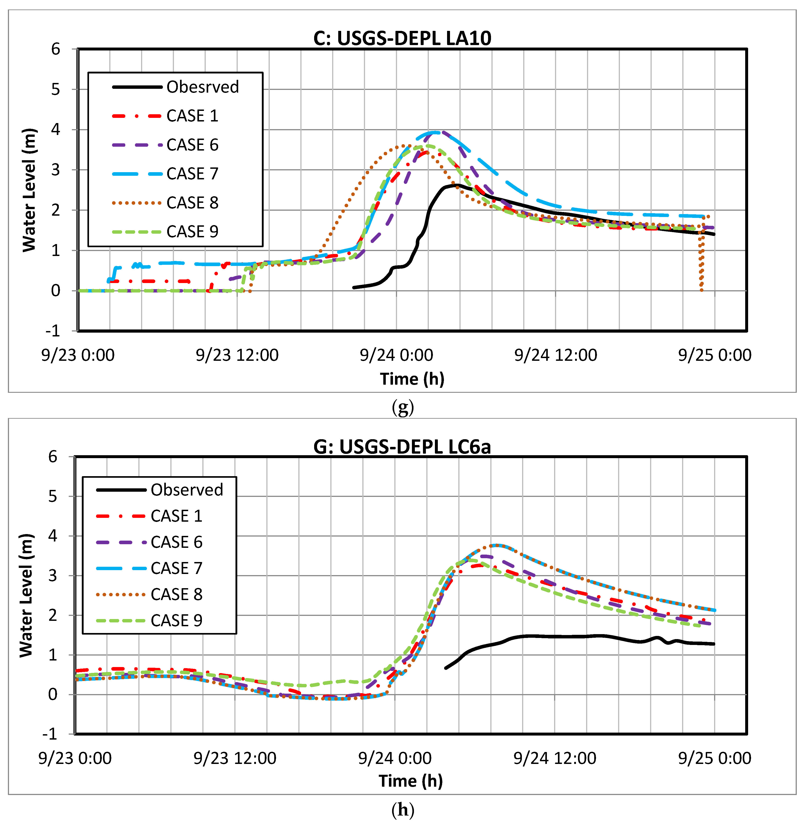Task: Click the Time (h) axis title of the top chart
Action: coord(412,379)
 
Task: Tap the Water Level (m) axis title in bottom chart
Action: coord(26,595)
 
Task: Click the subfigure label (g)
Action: coord(402,407)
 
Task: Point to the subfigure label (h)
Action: coord(402,809)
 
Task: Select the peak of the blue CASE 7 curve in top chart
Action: coord(435,132)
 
